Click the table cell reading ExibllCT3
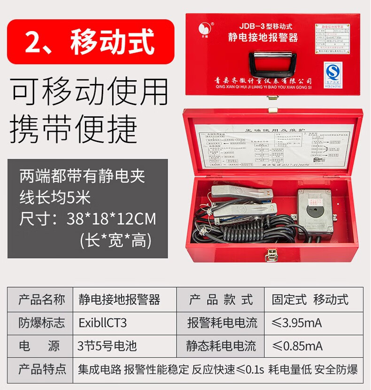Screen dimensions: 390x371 [103, 323]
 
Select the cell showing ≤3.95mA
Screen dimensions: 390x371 [297, 323]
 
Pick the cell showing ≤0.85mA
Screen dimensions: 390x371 [297, 346]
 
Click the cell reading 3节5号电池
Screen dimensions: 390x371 [108, 346]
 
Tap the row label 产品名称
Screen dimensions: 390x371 [42, 299]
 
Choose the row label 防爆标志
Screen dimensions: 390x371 [42, 323]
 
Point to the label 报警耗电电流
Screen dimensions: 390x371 [222, 323]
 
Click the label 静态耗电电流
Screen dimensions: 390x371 [222, 346]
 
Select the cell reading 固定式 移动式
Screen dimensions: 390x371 [310, 299]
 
